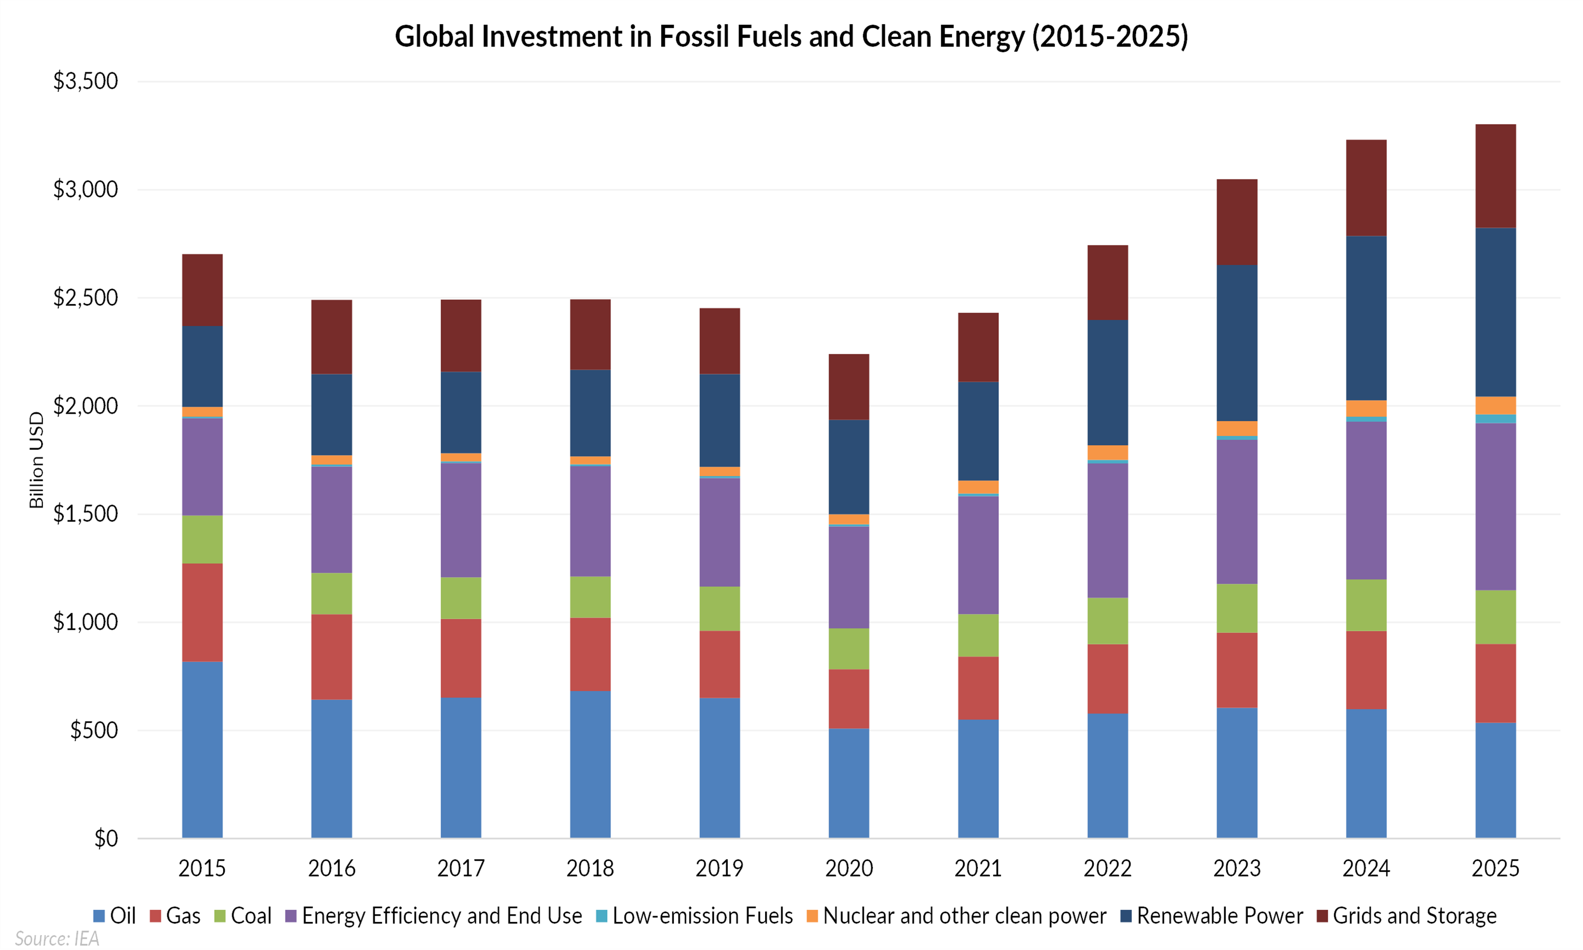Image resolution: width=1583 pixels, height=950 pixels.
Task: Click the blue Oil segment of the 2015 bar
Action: pos(202,749)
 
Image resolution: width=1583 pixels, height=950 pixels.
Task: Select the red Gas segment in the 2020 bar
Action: pos(848,699)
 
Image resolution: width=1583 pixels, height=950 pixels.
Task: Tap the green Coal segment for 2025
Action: pos(1495,617)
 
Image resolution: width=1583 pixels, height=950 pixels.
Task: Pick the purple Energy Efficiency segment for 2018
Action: pos(590,521)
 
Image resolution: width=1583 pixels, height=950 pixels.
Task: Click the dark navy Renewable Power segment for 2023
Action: pos(1237,343)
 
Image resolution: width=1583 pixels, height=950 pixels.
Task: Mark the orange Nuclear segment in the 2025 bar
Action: pos(1495,405)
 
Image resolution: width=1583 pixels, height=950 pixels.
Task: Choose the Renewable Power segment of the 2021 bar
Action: pos(978,431)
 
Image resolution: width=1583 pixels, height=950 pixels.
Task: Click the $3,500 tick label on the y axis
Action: pos(85,81)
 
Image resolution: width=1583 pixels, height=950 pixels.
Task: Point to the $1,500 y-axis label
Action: pos(85,514)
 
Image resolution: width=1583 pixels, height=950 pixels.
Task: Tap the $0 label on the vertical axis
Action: pos(106,838)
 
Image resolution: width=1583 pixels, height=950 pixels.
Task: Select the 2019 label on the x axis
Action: pos(719,868)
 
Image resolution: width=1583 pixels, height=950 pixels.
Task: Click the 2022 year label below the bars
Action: pos(1107,868)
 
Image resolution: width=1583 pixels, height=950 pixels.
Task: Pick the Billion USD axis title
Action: pos(36,460)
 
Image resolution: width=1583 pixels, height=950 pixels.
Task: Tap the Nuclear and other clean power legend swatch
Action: pos(813,916)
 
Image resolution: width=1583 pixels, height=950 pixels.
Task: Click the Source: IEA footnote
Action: pos(57,938)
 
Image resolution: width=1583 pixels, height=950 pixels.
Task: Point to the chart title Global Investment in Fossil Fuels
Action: pos(791,36)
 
